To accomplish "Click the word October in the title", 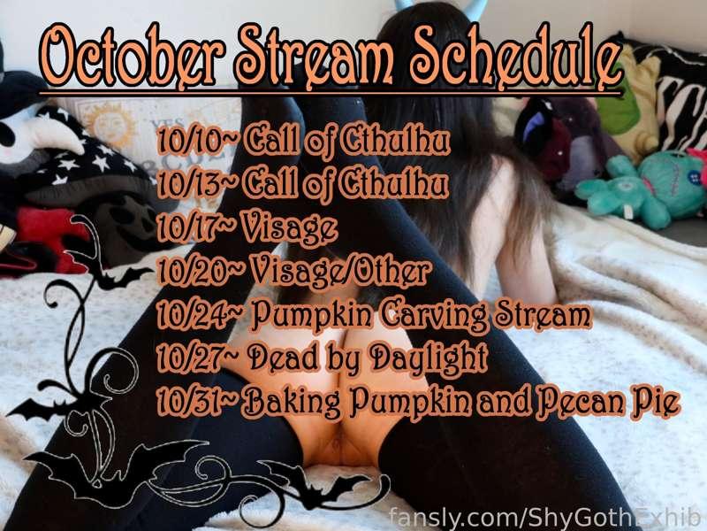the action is click(132, 58).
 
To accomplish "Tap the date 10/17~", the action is click(196, 228).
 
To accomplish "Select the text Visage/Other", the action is click(340, 272).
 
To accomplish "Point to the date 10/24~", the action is click(201, 315).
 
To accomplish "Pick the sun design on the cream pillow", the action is click(109, 121).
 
